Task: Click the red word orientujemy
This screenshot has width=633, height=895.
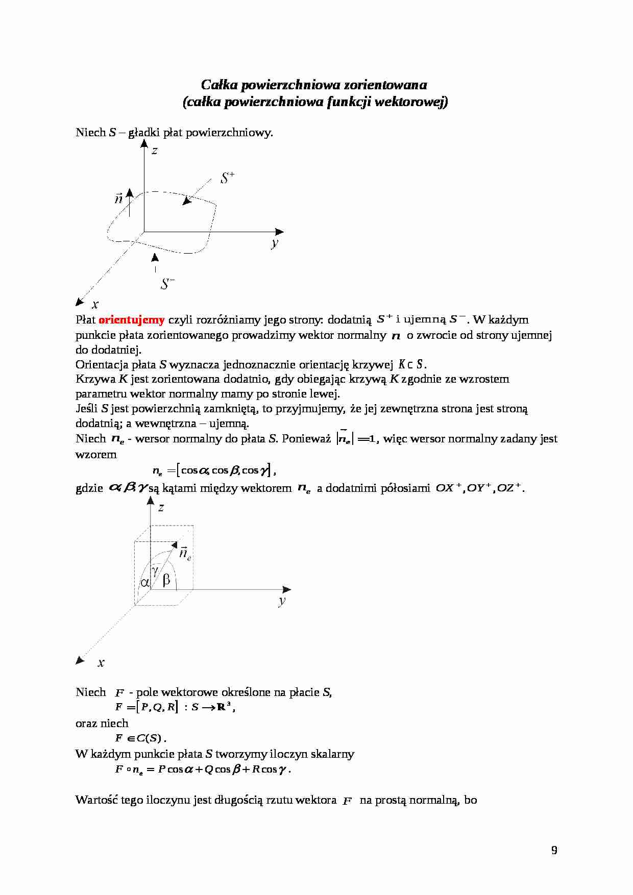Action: click(x=131, y=320)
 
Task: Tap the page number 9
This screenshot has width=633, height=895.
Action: click(x=554, y=850)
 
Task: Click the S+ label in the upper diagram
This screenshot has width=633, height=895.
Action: click(x=227, y=178)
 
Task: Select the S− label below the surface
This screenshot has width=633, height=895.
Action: click(x=167, y=284)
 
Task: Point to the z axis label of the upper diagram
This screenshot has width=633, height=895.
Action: click(x=154, y=151)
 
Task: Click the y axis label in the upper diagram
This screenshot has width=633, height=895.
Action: click(x=275, y=243)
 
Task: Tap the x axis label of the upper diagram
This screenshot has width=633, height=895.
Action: click(x=95, y=305)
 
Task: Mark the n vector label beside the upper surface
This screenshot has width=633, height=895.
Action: click(x=119, y=198)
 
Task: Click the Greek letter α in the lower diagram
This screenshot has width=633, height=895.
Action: click(x=145, y=582)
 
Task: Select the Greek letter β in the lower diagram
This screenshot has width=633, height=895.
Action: click(x=166, y=580)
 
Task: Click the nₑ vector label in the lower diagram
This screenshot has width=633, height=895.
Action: click(x=185, y=554)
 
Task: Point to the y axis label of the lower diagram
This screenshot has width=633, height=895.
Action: click(x=282, y=601)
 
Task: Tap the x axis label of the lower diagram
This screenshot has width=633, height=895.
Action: click(x=101, y=663)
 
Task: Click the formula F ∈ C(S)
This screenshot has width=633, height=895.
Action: click(x=140, y=738)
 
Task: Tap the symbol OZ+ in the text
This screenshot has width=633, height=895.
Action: click(x=509, y=488)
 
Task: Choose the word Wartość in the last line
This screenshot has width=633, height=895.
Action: click(x=96, y=800)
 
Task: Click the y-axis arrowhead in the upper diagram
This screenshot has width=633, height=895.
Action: click(x=279, y=232)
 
